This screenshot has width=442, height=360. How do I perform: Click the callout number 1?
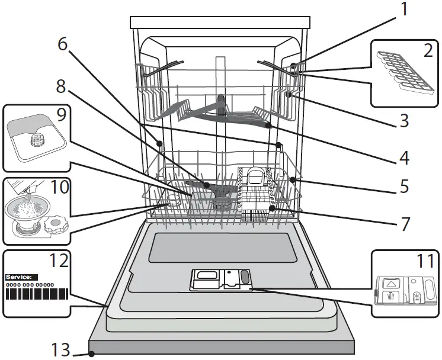pos(404,10)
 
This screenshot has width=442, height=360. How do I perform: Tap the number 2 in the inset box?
pos(427,51)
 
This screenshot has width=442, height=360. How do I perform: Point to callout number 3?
pos(403,122)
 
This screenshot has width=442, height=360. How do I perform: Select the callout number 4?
pos(403,159)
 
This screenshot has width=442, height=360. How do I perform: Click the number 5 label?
pos(403,187)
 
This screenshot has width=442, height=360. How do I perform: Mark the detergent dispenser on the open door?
pos(220,280)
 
